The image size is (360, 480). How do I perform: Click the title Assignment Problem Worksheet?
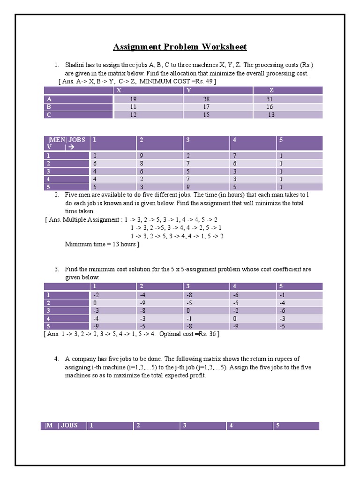(x=180, y=46)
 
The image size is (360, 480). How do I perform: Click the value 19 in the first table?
(x=133, y=99)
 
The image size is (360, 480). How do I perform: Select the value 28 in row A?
(x=206, y=99)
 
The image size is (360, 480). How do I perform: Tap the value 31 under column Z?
(x=269, y=99)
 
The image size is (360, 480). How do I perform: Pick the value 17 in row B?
(x=206, y=107)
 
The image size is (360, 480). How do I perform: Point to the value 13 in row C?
(x=271, y=115)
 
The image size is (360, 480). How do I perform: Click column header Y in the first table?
(x=188, y=90)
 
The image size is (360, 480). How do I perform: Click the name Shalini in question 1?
(x=75, y=65)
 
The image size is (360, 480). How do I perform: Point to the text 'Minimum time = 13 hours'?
(x=102, y=244)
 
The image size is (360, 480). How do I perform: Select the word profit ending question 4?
(x=197, y=375)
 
